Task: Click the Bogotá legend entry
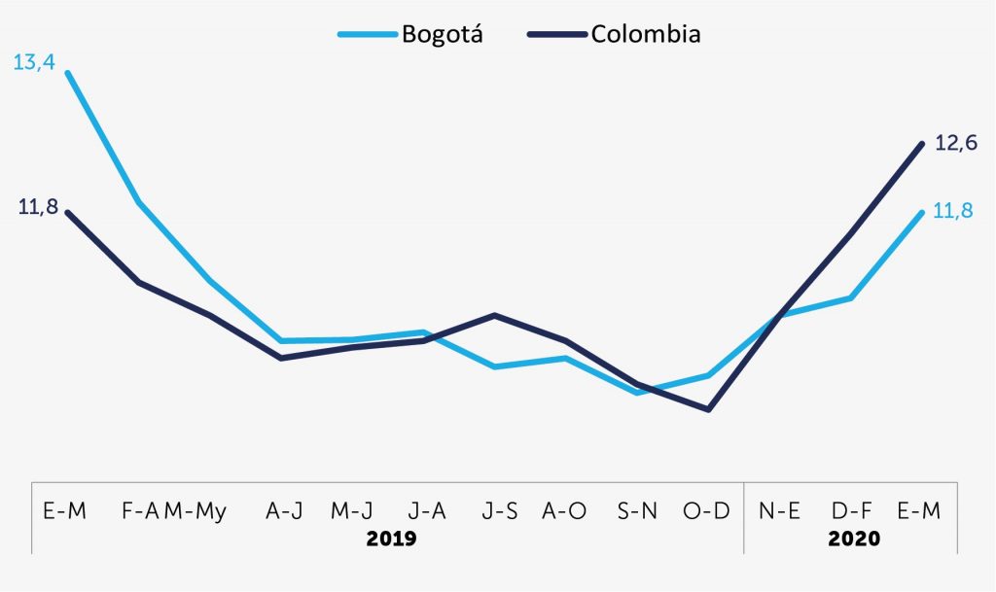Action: pyautogui.click(x=441, y=34)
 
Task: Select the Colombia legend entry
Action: pyautogui.click(x=645, y=34)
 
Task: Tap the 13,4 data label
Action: pyautogui.click(x=34, y=63)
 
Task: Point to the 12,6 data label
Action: pyautogui.click(x=955, y=143)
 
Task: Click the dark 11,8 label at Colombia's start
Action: pyautogui.click(x=38, y=206)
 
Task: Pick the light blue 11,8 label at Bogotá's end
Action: pyautogui.click(x=953, y=211)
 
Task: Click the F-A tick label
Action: pyautogui.click(x=140, y=511)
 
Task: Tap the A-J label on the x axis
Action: pyautogui.click(x=281, y=511)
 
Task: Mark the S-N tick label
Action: pyautogui.click(x=637, y=511)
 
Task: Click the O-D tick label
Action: pyautogui.click(x=708, y=511)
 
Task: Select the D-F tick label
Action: pyautogui.click(x=851, y=511)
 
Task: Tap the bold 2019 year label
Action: pyautogui.click(x=391, y=539)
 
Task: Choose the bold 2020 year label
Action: pyautogui.click(x=853, y=539)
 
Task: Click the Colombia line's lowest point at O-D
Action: pyautogui.click(x=709, y=409)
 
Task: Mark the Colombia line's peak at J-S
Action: pyautogui.click(x=495, y=315)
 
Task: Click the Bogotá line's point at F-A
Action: pyautogui.click(x=140, y=202)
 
